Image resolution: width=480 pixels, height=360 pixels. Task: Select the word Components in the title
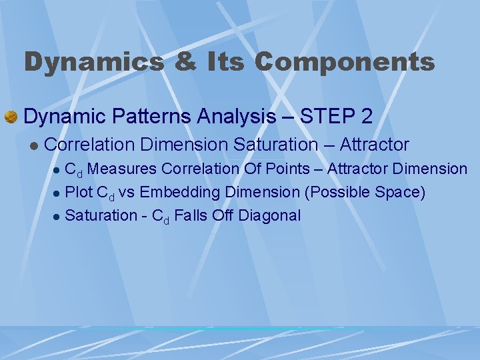pos(344,63)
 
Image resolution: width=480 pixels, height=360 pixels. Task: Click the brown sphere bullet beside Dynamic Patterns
pos(11,117)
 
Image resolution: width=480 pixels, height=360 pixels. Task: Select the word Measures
pos(122,169)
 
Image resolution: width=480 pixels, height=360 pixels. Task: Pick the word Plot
pos(79,193)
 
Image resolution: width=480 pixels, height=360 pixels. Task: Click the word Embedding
pos(179,193)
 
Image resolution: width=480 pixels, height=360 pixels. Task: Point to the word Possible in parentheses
pos(335,193)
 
